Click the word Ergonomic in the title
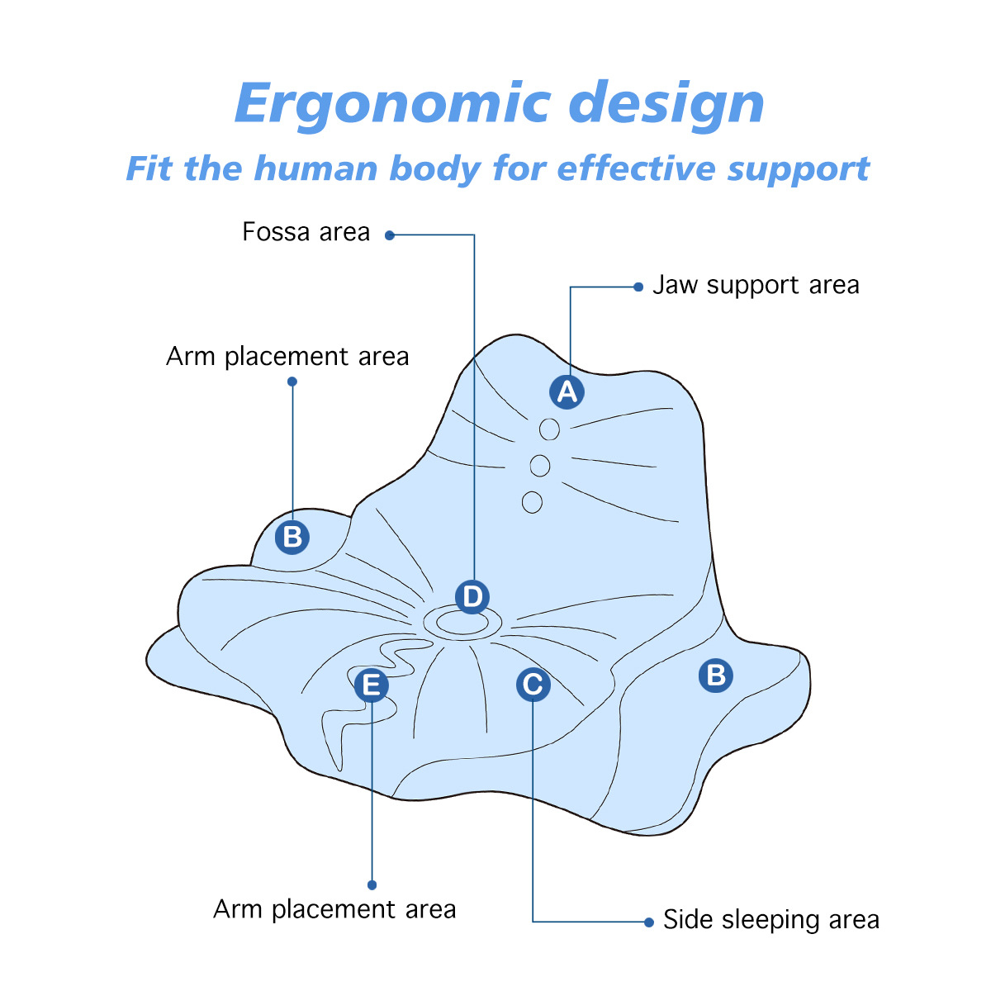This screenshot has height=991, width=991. [x=393, y=104]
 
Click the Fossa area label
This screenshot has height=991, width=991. [x=306, y=232]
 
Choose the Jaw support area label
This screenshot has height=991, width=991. [x=756, y=286]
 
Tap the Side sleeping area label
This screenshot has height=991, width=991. [x=771, y=920]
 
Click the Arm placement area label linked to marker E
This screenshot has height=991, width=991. [x=334, y=909]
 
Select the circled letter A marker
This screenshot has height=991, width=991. [x=567, y=391]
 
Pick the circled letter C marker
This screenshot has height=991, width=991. [x=533, y=684]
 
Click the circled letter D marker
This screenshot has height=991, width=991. [x=472, y=596]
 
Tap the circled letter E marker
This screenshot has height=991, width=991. [x=372, y=685]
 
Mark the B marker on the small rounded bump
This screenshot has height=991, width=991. [x=292, y=537]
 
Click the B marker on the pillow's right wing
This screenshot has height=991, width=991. [x=716, y=676]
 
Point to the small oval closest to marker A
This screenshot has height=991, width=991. [x=549, y=429]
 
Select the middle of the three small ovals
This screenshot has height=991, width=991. [x=540, y=466]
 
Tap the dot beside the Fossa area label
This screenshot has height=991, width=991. [x=390, y=235]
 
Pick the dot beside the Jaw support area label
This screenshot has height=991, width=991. [x=638, y=287]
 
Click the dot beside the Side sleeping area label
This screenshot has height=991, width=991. [x=648, y=922]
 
